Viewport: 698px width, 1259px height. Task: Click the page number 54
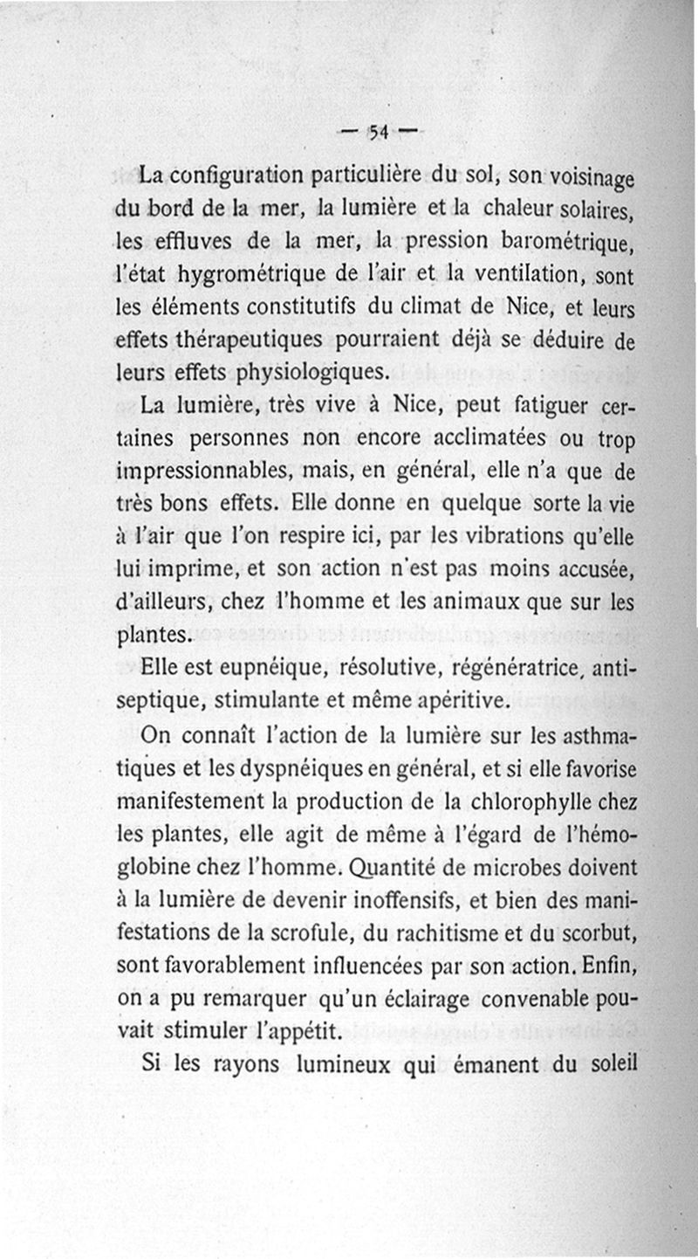pos(378,133)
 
